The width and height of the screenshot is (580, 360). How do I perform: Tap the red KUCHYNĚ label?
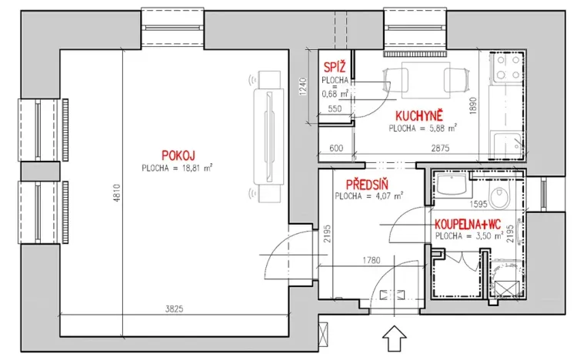[x=418, y=116]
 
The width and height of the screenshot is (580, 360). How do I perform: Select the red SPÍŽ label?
[x=335, y=67]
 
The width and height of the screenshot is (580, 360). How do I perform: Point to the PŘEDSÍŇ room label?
[x=367, y=185]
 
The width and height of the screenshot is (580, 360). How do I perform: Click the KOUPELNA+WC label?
[x=468, y=224]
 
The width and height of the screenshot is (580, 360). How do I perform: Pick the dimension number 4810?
[x=117, y=193]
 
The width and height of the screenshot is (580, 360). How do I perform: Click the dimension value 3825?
[x=174, y=308]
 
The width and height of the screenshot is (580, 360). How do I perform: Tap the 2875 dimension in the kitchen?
[x=440, y=148]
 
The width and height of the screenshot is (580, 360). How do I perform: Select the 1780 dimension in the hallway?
[x=372, y=260]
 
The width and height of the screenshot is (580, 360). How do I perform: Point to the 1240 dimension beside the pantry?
[x=303, y=87]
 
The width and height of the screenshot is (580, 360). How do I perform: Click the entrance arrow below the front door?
[x=395, y=338]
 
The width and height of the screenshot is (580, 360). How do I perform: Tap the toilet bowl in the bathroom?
[x=499, y=195]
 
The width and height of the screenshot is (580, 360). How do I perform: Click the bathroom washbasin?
[x=452, y=184]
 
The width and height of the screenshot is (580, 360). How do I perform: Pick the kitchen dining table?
[x=425, y=80]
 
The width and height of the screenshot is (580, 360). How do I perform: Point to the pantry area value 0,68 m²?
[x=335, y=94]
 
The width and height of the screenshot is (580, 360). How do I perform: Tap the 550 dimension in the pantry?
[x=335, y=108]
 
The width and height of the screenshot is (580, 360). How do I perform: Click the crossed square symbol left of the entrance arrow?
[x=323, y=335]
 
